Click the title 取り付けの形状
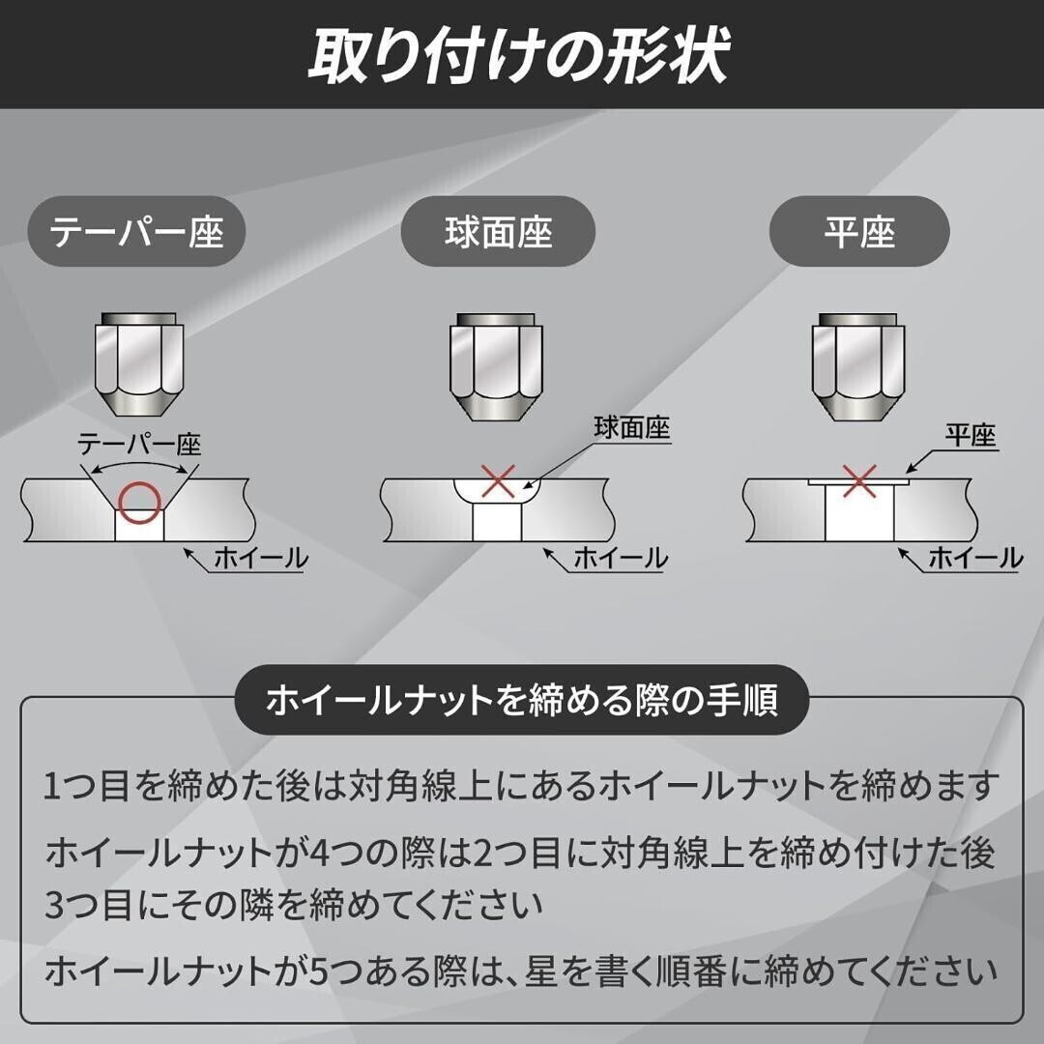[519, 56]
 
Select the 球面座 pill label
[498, 233]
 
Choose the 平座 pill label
[859, 233]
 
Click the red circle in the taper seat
[138, 498]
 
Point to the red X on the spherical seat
[498, 481]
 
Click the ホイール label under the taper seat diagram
[259, 558]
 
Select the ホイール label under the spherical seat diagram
[620, 558]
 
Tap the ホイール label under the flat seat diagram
[974, 558]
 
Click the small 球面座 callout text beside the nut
[633, 428]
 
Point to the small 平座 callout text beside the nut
[970, 436]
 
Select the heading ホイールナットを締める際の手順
[522, 701]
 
